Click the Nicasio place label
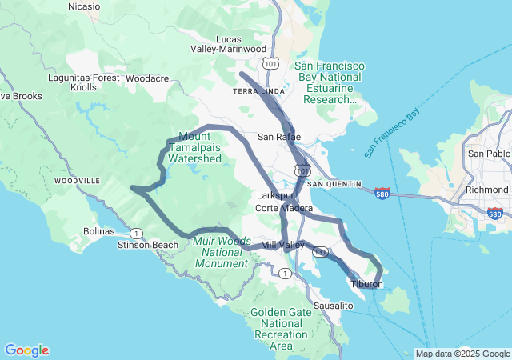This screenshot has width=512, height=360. pyautogui.click(x=84, y=6)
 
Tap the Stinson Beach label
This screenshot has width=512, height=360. pyautogui.click(x=148, y=245)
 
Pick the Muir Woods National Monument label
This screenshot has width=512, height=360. pyautogui.click(x=222, y=252)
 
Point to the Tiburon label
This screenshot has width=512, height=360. pyautogui.click(x=366, y=285)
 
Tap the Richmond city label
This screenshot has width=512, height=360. pyautogui.click(x=486, y=190)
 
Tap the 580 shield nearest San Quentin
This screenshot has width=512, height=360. pyautogui.click(x=382, y=194)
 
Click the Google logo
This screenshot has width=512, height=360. pyautogui.click(x=26, y=350)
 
